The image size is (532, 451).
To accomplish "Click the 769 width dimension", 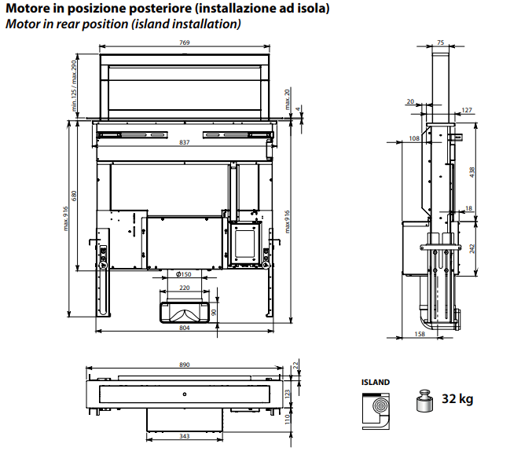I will pos(184,42).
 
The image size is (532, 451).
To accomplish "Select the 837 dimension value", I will pos(184,143).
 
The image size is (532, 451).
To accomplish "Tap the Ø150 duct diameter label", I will pos(184,274).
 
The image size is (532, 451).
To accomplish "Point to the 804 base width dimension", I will pos(184,328).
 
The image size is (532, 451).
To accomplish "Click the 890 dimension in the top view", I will pos(184,365).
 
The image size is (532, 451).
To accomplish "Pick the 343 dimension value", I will pos(184,436).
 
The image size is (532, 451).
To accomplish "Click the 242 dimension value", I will pos(472,247).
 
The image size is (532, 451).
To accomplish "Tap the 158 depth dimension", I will pos(420,334).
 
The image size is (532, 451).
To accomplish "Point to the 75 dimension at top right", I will pos(440,42).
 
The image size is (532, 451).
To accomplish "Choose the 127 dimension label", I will pos(467,111).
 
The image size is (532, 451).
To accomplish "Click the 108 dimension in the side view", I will pos(414,139).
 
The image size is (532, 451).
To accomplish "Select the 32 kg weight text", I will pos(457,399).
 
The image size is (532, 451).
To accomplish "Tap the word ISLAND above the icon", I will pos(376,382).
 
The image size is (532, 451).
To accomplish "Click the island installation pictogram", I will pos(376,409).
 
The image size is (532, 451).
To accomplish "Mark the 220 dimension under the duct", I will pos(184,289).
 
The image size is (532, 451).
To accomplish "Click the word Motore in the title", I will pos(28,9).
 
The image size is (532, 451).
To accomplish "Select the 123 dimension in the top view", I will pos(288,392).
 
